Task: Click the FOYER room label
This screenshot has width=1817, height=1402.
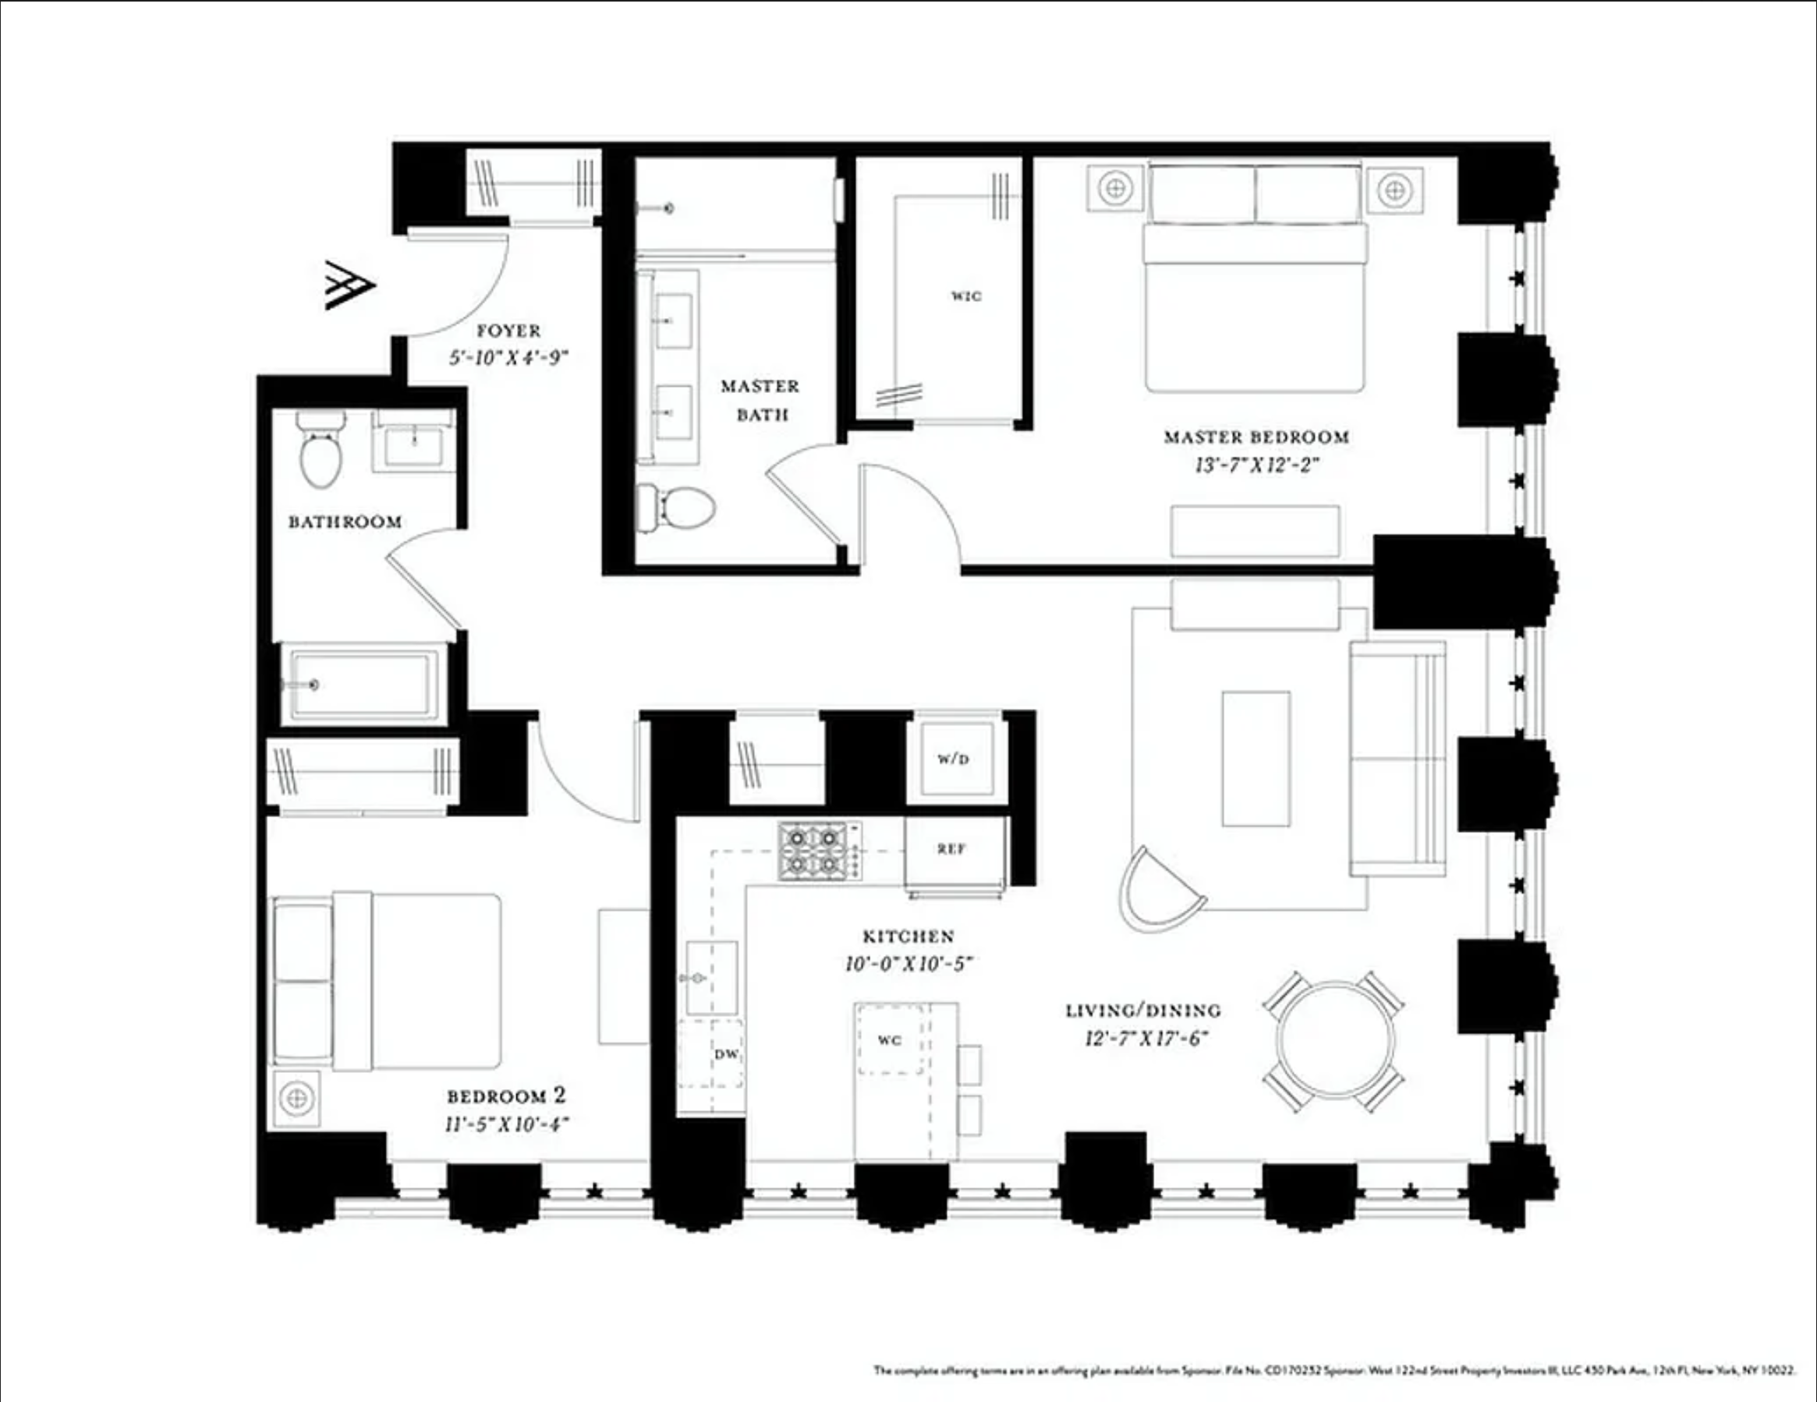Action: [508, 331]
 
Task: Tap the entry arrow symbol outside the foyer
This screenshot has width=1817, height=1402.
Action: [349, 285]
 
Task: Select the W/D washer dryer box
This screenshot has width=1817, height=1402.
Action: [954, 759]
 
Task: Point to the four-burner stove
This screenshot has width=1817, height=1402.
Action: [813, 851]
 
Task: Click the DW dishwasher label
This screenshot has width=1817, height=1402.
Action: [726, 1054]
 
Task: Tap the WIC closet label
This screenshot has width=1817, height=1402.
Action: [966, 296]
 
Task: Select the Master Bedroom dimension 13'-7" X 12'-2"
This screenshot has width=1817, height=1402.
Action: [1256, 465]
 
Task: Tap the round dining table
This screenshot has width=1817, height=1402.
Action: [1334, 1041]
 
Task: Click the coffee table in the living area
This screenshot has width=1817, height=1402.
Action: [1256, 758]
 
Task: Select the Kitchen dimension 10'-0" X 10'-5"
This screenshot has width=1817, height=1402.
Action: [908, 965]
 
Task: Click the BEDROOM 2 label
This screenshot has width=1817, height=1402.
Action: [506, 1096]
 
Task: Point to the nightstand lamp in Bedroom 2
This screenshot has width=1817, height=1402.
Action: [296, 1099]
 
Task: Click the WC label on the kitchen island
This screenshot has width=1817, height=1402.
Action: [889, 1040]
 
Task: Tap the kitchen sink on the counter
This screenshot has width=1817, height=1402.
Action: [711, 978]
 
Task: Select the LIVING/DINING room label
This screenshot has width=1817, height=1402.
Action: [1143, 1011]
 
